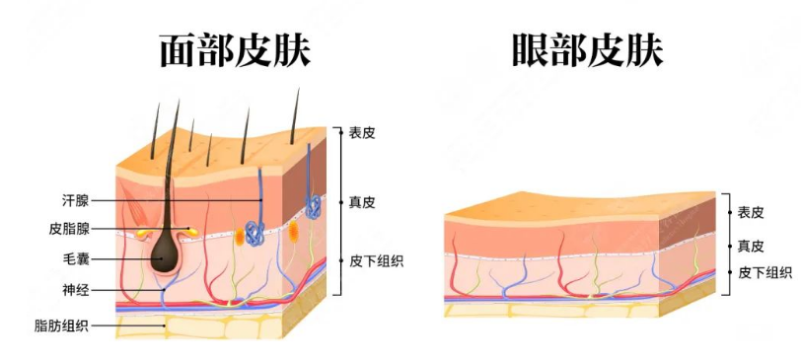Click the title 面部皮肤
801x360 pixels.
pos(235,49)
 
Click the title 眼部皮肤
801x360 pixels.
pos(587,49)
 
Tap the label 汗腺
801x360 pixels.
pos(75,200)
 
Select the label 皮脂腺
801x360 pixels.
pos(69,229)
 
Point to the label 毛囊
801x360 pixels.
pos(75,260)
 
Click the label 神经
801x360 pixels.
pos(75,290)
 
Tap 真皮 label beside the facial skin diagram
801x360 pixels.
pos(362,202)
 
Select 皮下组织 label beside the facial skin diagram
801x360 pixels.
pos(376,261)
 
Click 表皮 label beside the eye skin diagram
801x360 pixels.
pos(751,211)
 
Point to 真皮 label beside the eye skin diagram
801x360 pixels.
pos(751,245)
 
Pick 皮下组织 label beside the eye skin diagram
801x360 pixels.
pos(765,272)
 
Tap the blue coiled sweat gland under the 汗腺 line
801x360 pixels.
pos(255,233)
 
